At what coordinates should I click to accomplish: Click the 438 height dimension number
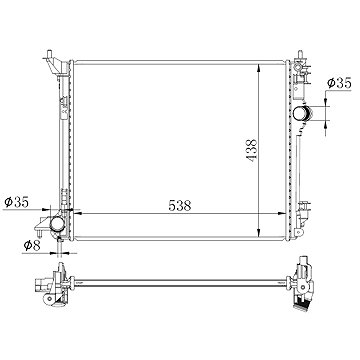coord(252,150)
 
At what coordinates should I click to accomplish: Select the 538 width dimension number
coord(180,206)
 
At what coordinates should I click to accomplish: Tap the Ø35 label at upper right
coord(339,83)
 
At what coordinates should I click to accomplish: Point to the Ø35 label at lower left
coord(16,202)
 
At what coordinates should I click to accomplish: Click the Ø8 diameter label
coord(32,246)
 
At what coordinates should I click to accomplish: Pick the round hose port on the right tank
coord(301,114)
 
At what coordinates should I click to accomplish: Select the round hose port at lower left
coord(57,224)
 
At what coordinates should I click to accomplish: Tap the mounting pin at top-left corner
coord(49,54)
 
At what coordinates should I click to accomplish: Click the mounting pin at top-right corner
coord(300,55)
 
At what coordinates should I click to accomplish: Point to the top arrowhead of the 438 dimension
coord(259,68)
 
